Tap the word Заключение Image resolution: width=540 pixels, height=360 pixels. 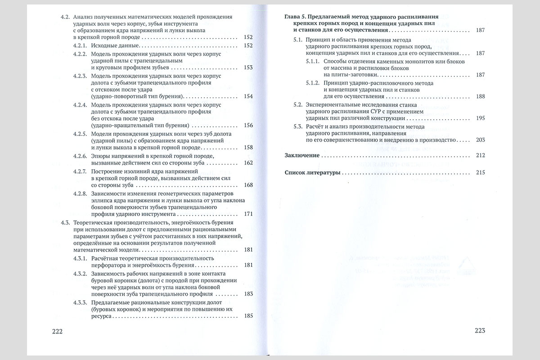point(302,156)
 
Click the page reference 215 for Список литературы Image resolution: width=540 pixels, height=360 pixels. point(480,172)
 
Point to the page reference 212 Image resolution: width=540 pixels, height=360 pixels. point(480,156)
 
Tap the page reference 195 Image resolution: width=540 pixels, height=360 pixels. point(480,118)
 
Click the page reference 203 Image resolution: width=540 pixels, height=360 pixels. point(480,140)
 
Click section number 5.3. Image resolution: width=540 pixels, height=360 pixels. point(297,127)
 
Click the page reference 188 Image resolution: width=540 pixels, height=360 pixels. point(480,96)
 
